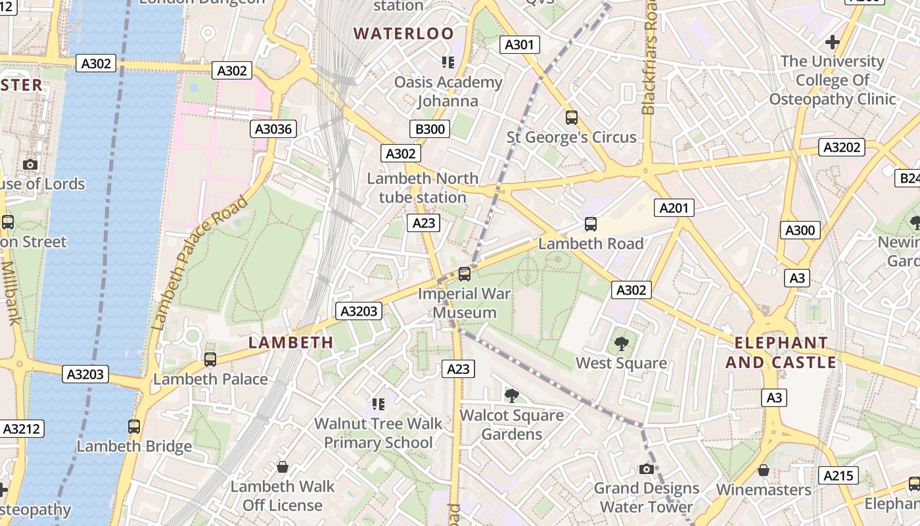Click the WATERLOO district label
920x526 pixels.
(403, 34)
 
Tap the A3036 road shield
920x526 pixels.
(273, 129)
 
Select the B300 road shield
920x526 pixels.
(430, 129)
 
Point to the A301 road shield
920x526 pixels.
(520, 45)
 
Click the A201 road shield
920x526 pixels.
(674, 208)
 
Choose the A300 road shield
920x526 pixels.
(800, 230)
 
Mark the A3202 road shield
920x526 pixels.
(842, 147)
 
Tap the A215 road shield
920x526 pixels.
(839, 475)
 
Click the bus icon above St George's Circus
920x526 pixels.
(572, 118)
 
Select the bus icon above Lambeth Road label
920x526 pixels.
(591, 224)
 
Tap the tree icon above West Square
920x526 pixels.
(621, 343)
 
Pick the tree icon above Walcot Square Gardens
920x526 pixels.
(511, 395)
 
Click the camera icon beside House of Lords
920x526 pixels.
(30, 164)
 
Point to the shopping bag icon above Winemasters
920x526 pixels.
(764, 470)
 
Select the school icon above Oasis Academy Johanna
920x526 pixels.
(448, 62)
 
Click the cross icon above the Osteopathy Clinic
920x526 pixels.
(833, 43)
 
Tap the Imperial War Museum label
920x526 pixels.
(465, 303)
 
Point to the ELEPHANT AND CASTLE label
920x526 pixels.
(781, 352)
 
